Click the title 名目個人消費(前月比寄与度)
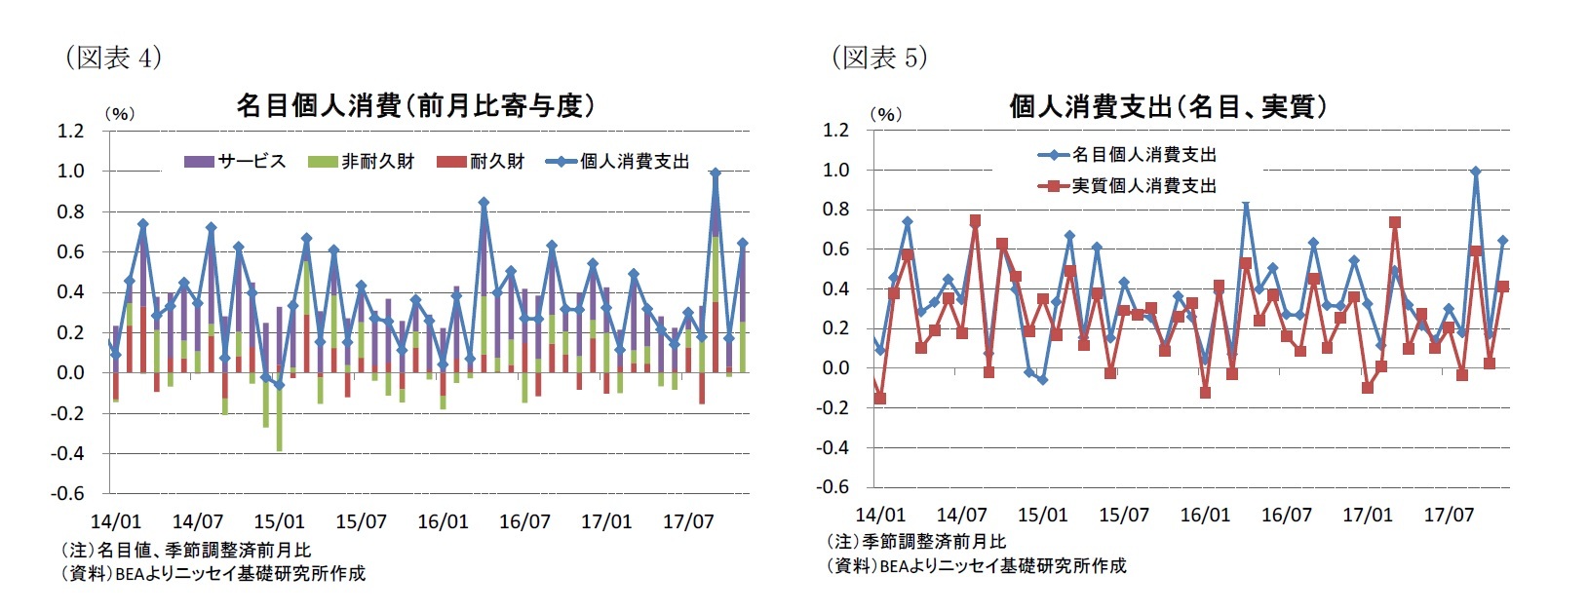click(x=415, y=106)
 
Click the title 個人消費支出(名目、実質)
click(x=1168, y=106)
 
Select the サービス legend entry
click(x=235, y=162)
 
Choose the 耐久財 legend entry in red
click(x=482, y=162)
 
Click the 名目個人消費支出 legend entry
click(x=1128, y=155)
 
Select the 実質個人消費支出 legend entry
click(x=1128, y=186)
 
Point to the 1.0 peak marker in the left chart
click(x=716, y=172)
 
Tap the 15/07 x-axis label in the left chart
click(x=361, y=521)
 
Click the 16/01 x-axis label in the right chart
click(x=1205, y=515)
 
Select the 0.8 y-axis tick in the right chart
click(x=836, y=210)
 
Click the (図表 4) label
click(x=112, y=57)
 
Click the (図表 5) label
click(x=878, y=57)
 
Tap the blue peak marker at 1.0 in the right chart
click(x=1476, y=172)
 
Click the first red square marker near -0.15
click(x=880, y=399)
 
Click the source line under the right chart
click(x=975, y=565)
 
